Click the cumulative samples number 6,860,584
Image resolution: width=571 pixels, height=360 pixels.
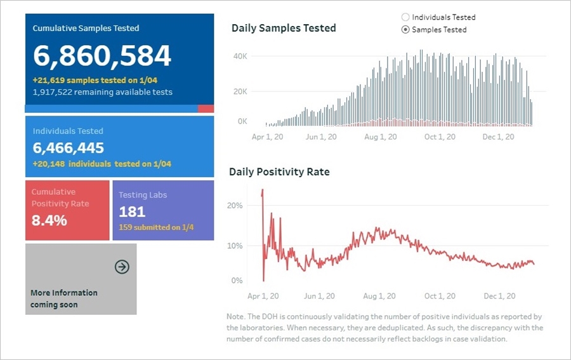tap(102, 57)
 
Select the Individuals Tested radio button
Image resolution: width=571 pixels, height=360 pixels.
tap(406, 17)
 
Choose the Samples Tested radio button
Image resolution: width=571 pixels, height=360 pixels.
tap(406, 30)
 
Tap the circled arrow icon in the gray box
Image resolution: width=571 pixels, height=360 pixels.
tap(122, 267)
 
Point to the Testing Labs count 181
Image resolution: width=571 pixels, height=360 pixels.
tap(132, 212)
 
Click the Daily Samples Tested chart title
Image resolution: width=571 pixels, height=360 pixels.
tap(284, 28)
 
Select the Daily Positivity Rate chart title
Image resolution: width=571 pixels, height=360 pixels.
tap(279, 171)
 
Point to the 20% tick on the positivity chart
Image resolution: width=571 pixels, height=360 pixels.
tap(235, 206)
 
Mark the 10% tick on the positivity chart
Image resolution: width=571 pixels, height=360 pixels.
tap(235, 246)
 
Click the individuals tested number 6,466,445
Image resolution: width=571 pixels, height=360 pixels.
tap(69, 149)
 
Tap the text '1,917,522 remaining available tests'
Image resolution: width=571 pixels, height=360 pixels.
tap(102, 92)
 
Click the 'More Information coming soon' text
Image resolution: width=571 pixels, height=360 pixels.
tap(63, 298)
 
